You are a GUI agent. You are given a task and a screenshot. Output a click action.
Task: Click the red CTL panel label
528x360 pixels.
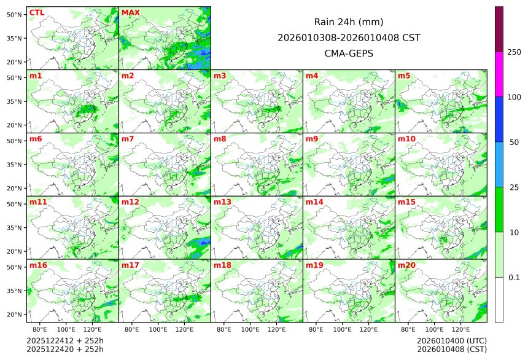(36, 13)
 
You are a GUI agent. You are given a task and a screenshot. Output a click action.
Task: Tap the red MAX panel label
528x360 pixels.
(130, 13)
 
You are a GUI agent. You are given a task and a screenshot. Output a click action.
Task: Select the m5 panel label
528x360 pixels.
(405, 76)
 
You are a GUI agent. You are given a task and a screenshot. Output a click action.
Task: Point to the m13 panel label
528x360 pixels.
(222, 202)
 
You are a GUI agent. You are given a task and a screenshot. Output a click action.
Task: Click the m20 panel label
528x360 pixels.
(406, 265)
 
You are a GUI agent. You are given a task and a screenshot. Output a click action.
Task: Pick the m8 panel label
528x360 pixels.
(220, 139)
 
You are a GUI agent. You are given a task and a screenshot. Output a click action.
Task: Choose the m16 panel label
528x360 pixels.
(38, 265)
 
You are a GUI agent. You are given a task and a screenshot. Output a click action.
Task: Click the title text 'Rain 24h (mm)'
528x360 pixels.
(349, 22)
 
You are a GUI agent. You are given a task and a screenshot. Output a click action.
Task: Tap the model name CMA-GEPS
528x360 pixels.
(349, 53)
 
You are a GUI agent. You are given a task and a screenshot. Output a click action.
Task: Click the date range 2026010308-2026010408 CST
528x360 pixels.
(349, 38)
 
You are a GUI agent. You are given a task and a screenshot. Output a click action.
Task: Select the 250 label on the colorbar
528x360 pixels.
(514, 52)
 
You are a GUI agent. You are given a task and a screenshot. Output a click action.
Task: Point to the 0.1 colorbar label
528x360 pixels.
(514, 277)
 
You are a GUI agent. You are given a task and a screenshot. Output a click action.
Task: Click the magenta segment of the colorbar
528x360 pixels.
(499, 74)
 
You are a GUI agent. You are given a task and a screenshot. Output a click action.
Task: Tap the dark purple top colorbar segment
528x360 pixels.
(499, 29)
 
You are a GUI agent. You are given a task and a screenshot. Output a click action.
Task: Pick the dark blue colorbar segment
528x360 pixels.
(499, 119)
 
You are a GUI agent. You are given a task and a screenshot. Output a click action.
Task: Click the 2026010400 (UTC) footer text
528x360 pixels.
(451, 340)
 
